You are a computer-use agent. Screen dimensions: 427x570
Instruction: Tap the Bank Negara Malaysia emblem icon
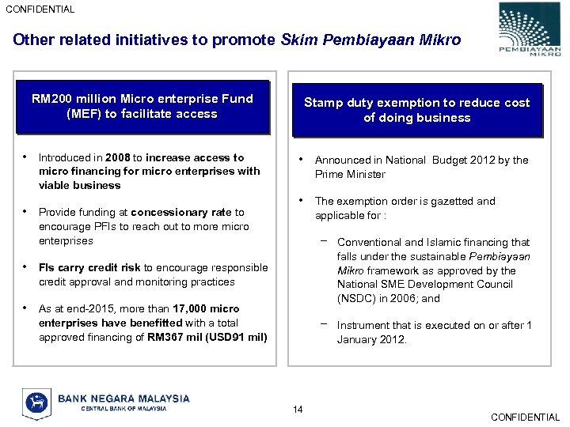(36, 402)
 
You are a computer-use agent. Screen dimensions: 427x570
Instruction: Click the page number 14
(297, 409)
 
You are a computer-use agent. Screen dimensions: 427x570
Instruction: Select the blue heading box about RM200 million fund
(142, 106)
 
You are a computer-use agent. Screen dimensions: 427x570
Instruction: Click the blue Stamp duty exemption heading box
(416, 110)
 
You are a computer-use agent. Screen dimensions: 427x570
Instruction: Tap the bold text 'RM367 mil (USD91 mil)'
(207, 337)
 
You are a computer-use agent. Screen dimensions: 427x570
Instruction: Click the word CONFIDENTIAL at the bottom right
(525, 418)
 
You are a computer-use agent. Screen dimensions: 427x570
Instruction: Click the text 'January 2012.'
(372, 340)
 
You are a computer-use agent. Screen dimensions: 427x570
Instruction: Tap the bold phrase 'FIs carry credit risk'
(89, 268)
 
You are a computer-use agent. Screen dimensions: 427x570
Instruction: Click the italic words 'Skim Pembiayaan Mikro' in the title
(370, 40)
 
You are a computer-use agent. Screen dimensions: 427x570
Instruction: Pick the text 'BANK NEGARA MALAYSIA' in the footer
(123, 398)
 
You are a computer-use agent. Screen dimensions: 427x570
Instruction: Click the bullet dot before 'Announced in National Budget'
(300, 159)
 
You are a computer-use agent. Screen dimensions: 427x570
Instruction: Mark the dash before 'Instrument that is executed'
(324, 323)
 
